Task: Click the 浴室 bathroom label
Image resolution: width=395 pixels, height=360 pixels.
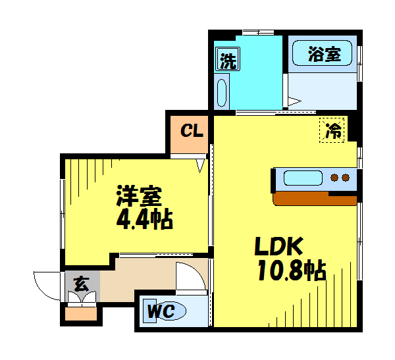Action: coord(325,55)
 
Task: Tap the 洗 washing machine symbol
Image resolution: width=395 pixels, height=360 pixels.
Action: coord(227,61)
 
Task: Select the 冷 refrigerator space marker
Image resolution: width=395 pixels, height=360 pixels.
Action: coord(334,130)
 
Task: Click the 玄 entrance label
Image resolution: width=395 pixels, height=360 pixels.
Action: coord(82,284)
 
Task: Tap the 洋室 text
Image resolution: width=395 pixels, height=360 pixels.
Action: coord(139,196)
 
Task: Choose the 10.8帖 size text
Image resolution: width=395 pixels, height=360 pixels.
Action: coord(292,270)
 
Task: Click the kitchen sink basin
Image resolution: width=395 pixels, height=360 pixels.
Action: coord(302,178)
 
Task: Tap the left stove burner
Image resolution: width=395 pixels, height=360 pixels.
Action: coord(334,178)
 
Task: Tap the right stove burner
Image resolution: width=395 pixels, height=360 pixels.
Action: coord(345,178)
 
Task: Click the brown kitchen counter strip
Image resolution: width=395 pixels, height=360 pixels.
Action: coord(314,199)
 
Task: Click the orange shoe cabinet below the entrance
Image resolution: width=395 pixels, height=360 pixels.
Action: coord(82,313)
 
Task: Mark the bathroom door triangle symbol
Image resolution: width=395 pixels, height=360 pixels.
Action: coord(294,101)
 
